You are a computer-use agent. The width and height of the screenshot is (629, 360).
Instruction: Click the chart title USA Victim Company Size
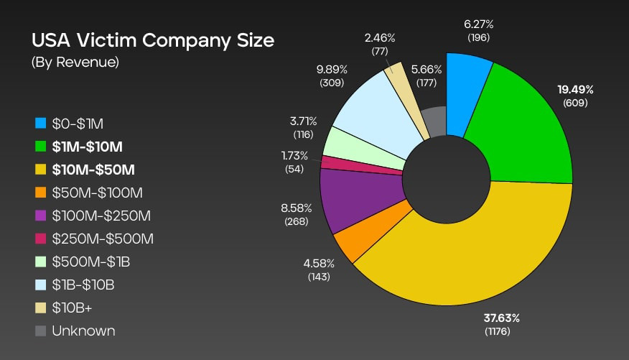[152, 40]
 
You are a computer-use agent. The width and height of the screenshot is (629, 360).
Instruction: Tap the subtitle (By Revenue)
[75, 63]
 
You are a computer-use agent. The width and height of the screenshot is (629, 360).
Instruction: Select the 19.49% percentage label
[575, 90]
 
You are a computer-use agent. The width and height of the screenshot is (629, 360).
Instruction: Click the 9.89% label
[332, 70]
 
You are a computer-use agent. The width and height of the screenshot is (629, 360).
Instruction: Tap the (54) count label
[294, 169]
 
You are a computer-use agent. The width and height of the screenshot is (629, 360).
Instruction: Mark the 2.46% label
[380, 37]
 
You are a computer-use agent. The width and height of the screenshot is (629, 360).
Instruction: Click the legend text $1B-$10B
[83, 285]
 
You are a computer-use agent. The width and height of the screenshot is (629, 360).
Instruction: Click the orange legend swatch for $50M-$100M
[40, 193]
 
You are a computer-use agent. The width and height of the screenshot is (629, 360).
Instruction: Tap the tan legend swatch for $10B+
[40, 308]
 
